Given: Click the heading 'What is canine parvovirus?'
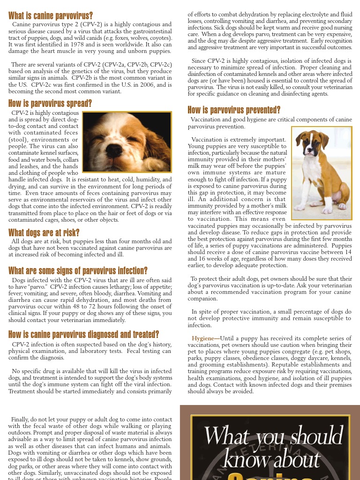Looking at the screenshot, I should pyautogui.click(x=51, y=15).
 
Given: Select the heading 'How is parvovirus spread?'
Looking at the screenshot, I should pyautogui.click(x=50, y=104).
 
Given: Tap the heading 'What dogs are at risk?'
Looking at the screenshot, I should pyautogui.click(x=44, y=232).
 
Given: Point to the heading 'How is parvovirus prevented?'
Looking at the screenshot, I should pyautogui.click(x=234, y=110).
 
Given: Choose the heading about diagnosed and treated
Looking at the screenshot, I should pyautogui.click(x=84, y=334).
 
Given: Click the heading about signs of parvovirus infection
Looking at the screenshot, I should pyautogui.click(x=78, y=270).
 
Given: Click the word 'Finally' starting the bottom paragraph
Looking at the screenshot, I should pyautogui.click(x=20, y=420).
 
